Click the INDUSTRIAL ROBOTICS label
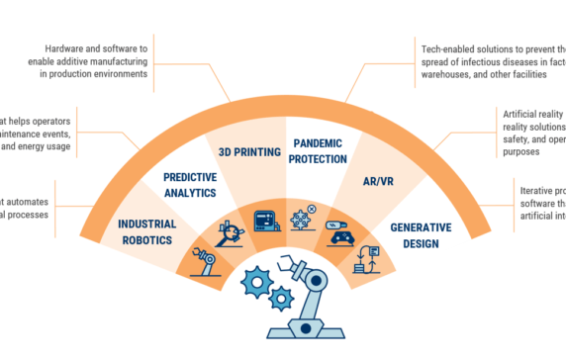pos(146,231)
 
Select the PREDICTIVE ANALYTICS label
pos(190,185)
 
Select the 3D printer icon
pos(266,220)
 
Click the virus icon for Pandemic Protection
pos(303,218)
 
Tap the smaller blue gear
pos(282,297)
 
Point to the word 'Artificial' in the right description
pos(522,114)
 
